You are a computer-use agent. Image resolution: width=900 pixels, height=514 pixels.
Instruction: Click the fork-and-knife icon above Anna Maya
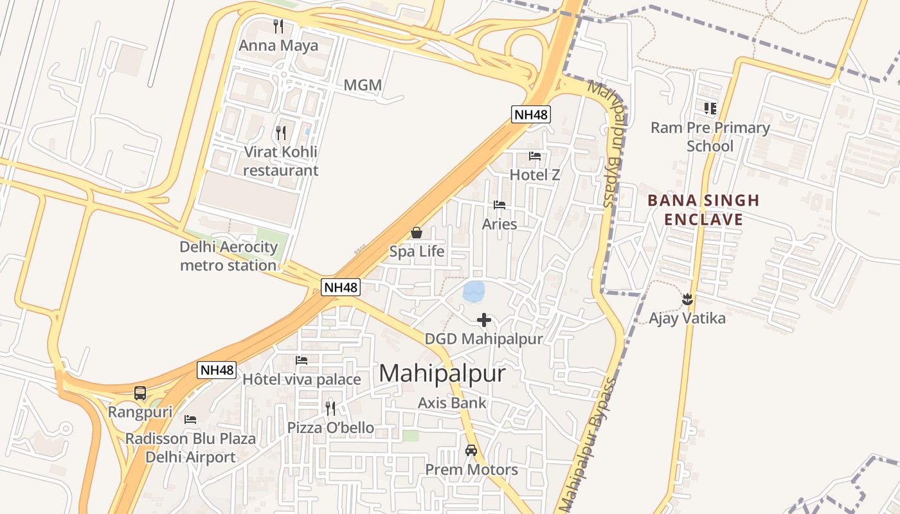tap(278, 26)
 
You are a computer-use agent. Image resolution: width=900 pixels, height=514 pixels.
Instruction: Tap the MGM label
tap(363, 85)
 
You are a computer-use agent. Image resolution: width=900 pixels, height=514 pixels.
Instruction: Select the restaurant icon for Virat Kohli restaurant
tap(281, 133)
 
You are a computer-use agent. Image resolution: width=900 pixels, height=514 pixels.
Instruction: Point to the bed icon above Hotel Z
tap(535, 155)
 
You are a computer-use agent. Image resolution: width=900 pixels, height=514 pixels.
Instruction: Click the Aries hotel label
tap(500, 224)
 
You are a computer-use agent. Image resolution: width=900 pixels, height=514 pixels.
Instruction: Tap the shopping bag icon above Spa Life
tap(417, 233)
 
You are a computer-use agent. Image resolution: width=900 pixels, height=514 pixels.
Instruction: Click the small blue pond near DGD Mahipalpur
tap(474, 292)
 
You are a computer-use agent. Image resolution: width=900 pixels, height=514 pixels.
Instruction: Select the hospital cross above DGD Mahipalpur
tap(484, 320)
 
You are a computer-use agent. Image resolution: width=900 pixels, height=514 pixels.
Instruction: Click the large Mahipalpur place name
tap(442, 373)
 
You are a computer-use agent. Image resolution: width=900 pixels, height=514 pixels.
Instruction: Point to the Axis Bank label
tap(452, 403)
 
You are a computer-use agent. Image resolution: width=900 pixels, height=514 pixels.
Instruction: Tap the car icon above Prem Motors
tap(471, 450)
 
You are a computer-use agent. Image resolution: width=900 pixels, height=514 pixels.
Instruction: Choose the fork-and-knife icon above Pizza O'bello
tap(330, 408)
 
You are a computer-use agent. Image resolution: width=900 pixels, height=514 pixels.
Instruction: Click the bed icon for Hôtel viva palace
tap(301, 360)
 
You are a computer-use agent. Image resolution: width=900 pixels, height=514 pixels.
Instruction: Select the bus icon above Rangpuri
tap(140, 393)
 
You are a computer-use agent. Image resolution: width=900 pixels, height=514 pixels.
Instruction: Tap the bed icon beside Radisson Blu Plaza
tap(190, 420)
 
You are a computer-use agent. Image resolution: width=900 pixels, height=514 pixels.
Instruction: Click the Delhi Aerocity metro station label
tap(228, 256)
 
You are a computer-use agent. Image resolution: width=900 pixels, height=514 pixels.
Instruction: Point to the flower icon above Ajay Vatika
tap(687, 299)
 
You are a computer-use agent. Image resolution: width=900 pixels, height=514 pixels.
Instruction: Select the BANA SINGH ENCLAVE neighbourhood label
tap(703, 210)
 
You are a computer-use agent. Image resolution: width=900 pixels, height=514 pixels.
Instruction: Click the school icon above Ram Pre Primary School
tap(710, 108)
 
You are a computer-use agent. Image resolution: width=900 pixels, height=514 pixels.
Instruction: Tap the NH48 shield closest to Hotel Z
tap(531, 114)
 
